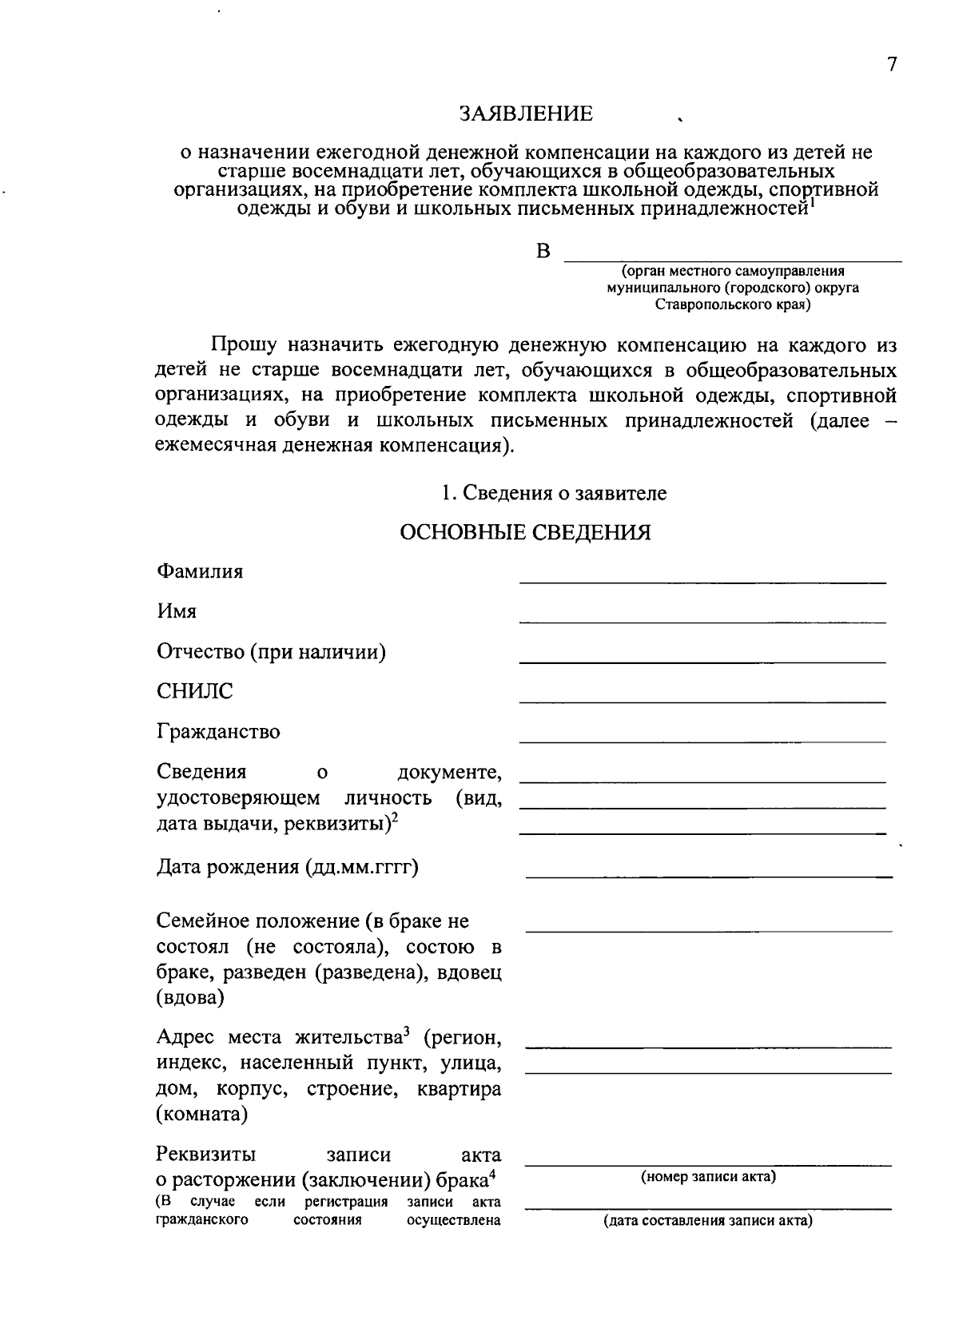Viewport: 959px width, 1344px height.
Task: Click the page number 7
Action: pos(892,65)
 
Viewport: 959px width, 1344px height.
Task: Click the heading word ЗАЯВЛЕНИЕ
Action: pos(526,114)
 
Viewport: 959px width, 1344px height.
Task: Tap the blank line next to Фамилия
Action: pos(702,582)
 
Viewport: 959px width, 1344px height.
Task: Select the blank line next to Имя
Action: pos(702,621)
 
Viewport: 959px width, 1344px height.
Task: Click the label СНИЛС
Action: pos(195,691)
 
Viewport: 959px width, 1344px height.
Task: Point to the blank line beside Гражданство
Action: pos(702,741)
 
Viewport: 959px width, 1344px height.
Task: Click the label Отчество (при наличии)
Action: pos(271,652)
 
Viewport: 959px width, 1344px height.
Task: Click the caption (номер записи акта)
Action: pos(708,1177)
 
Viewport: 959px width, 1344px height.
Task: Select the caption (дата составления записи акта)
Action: pos(708,1221)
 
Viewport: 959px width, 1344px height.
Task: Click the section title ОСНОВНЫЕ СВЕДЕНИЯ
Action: pos(525,533)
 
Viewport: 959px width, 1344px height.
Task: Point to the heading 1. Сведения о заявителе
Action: pos(554,493)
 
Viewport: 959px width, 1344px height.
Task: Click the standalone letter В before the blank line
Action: pos(543,252)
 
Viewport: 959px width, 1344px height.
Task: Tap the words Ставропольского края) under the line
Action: pos(732,305)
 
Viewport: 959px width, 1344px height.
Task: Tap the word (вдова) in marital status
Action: pos(190,998)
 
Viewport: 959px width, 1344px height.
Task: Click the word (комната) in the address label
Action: pos(201,1115)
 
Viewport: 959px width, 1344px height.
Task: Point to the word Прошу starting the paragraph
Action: pos(244,345)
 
